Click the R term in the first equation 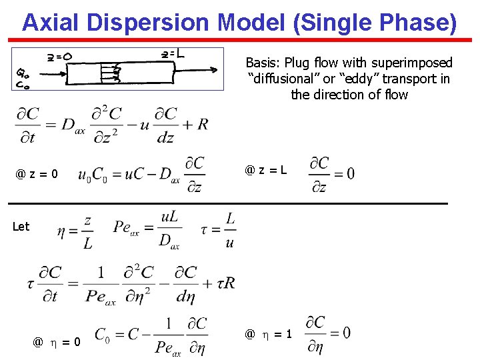pos(203,124)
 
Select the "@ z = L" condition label pos(266,170)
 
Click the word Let pos(21,227)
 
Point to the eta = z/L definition pos(74,231)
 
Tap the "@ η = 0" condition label pos(57,342)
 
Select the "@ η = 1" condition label pos(268,334)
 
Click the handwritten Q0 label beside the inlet pos(21,74)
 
